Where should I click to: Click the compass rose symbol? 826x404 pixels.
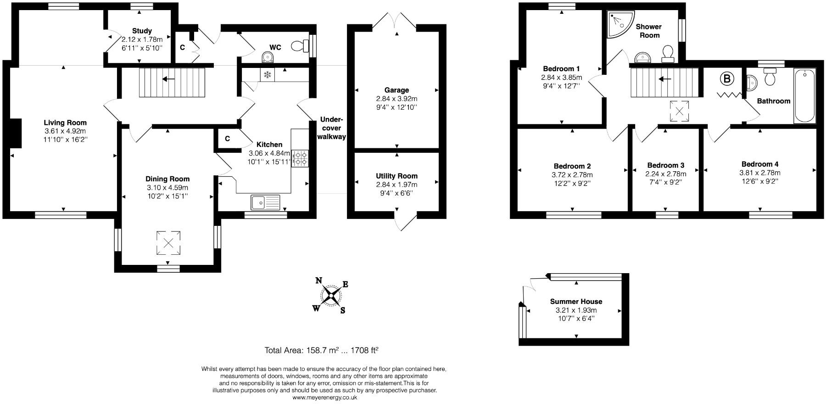pyautogui.click(x=330, y=295)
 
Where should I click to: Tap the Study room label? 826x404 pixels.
pyautogui.click(x=142, y=31)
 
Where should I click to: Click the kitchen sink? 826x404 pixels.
pyautogui.click(x=265, y=202)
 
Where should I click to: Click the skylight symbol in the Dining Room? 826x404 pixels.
pyautogui.click(x=168, y=242)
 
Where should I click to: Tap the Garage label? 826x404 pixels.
pyautogui.click(x=396, y=90)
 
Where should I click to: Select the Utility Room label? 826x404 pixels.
pyautogui.click(x=396, y=176)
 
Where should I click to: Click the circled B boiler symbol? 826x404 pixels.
pyautogui.click(x=726, y=79)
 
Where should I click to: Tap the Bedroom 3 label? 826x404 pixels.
pyautogui.click(x=665, y=165)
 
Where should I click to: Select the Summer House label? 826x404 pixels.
pyautogui.click(x=576, y=302)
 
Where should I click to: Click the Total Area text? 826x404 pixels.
pyautogui.click(x=321, y=350)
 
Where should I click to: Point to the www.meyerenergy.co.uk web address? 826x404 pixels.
pyautogui.click(x=324, y=398)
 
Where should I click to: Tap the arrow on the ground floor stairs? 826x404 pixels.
pyautogui.click(x=168, y=79)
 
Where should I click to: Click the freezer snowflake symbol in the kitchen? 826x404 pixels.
pyautogui.click(x=267, y=74)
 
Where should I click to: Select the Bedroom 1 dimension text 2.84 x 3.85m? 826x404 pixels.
pyautogui.click(x=562, y=77)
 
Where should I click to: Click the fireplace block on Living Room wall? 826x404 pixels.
pyautogui.click(x=16, y=133)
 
